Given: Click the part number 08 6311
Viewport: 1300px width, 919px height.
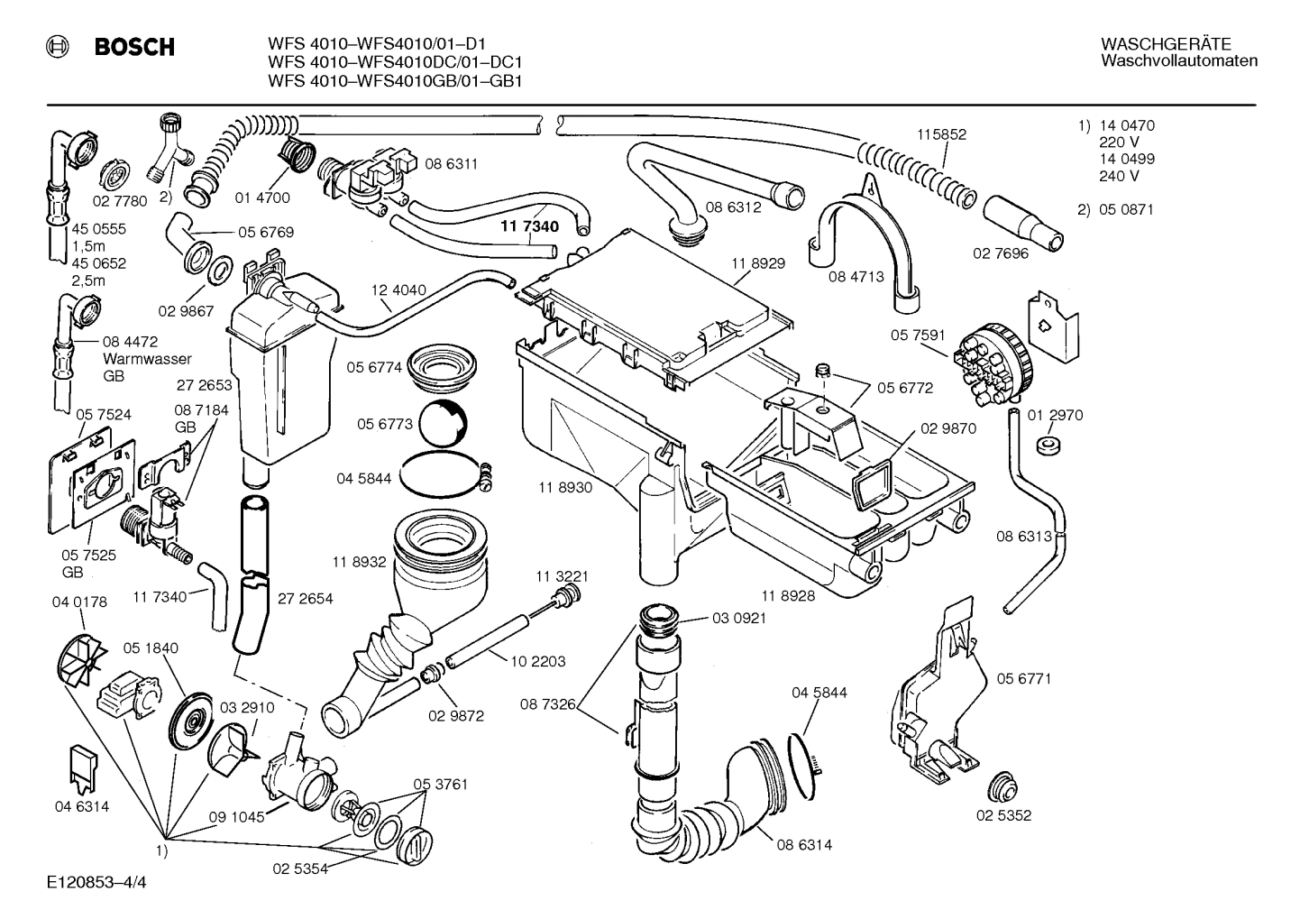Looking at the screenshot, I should [451, 164].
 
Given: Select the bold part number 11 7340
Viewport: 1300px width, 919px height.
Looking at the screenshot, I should [529, 226].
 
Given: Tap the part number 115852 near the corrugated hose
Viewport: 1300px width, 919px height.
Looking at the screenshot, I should [941, 134].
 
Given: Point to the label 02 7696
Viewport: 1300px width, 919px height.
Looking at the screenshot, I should [1000, 253].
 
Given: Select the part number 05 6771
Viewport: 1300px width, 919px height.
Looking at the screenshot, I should [1023, 678].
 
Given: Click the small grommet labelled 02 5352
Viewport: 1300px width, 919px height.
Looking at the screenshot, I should [1002, 786].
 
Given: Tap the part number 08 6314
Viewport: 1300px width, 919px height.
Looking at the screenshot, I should [804, 845].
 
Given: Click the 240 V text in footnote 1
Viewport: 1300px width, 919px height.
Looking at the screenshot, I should [1119, 176].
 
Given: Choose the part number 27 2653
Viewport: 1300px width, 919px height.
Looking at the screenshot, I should [204, 385].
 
